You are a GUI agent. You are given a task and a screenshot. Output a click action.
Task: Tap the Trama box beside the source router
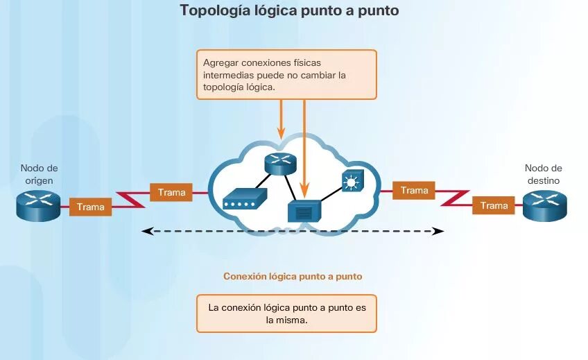point(91,207)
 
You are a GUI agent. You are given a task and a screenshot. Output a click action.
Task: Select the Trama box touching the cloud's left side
point(171,192)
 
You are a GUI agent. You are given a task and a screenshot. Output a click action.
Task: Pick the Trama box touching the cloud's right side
point(414,190)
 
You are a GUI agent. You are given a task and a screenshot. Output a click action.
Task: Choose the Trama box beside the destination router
point(494,205)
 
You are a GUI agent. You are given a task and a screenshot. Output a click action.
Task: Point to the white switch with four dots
point(245,200)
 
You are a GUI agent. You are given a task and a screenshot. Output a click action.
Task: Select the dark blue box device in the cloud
point(304,211)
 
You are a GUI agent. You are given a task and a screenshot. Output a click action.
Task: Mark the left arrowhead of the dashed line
point(145,231)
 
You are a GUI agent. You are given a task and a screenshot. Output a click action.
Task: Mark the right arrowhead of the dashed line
point(438,231)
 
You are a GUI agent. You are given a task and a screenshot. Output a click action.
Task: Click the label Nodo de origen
point(39,174)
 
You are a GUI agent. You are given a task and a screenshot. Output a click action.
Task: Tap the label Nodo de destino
point(543,174)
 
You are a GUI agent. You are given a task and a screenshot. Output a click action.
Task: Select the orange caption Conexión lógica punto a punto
point(293,276)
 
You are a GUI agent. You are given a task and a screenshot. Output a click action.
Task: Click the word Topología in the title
point(213,10)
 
